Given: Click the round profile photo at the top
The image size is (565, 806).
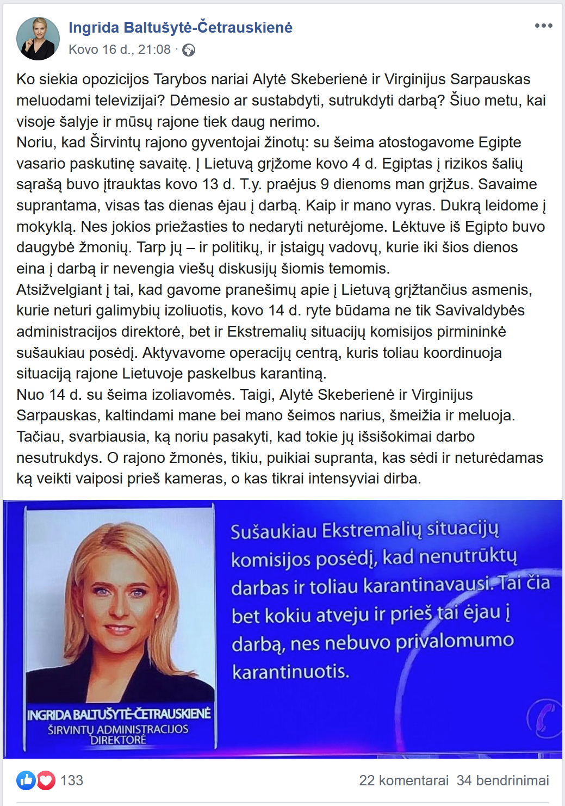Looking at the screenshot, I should (38, 39).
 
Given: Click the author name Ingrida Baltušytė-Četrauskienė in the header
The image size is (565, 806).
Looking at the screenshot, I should (181, 27).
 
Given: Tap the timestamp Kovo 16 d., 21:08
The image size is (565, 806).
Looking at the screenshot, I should (120, 49).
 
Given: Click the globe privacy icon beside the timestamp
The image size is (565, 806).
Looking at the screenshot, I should (189, 51).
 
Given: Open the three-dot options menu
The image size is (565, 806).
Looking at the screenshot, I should (543, 26).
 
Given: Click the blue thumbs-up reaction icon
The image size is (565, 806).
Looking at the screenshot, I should (26, 780).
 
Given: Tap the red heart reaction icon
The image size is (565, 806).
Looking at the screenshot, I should (46, 780).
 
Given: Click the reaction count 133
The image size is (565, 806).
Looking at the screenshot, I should (72, 780).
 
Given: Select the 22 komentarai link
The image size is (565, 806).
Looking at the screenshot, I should (403, 780).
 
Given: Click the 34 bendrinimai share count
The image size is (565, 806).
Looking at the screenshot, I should (502, 780).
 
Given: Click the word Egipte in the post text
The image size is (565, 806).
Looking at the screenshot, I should (500, 142).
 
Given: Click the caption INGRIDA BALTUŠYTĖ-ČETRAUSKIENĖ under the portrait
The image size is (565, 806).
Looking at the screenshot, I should (119, 714).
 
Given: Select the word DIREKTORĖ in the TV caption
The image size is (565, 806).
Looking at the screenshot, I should (118, 740).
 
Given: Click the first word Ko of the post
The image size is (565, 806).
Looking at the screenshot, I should (26, 79).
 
